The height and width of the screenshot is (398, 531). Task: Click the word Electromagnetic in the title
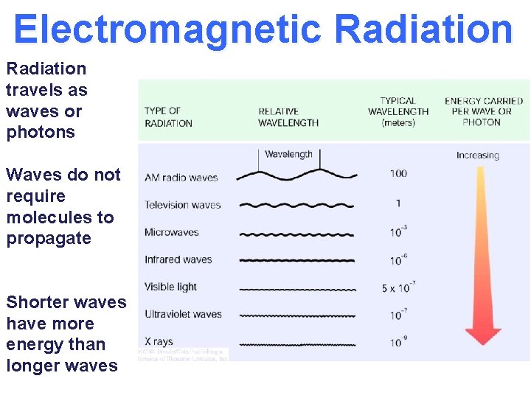(167, 29)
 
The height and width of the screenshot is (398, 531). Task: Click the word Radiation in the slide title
(423, 29)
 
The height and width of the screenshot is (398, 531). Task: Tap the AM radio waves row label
(181, 177)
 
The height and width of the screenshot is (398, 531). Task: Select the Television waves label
(183, 205)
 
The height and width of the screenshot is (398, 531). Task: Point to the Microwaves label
(172, 232)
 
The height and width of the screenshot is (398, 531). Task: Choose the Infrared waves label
(178, 259)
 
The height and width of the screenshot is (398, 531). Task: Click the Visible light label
(170, 287)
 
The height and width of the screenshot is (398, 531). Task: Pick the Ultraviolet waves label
(183, 314)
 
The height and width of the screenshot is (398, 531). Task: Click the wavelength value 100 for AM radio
(398, 174)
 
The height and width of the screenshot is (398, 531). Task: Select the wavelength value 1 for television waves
(398, 203)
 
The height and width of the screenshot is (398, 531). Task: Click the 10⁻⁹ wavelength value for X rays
(398, 341)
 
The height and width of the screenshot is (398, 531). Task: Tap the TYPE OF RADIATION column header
(168, 117)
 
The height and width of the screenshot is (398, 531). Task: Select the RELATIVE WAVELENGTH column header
(288, 117)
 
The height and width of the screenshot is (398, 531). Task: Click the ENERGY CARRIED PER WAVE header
(484, 111)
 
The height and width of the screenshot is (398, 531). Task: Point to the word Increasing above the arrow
(478, 156)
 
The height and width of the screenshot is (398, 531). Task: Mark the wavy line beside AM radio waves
(295, 175)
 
